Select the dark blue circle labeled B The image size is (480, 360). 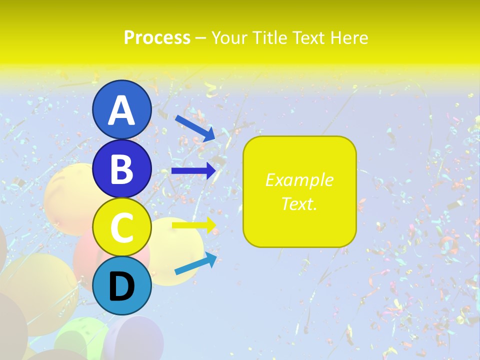pos(121,169)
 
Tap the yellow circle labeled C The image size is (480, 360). pos(121,227)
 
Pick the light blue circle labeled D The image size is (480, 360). pos(121,285)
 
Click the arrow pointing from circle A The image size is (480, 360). pos(195,128)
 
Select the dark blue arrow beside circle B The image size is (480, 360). pos(193,171)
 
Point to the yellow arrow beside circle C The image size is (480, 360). pos(193,225)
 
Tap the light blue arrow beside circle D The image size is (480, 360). pos(195,264)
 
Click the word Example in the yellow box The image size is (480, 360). pos(299,180)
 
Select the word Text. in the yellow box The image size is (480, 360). pos(299,203)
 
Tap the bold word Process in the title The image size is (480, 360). pos(157,37)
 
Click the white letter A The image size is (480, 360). pos(121,111)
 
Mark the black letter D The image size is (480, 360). pos(121,287)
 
